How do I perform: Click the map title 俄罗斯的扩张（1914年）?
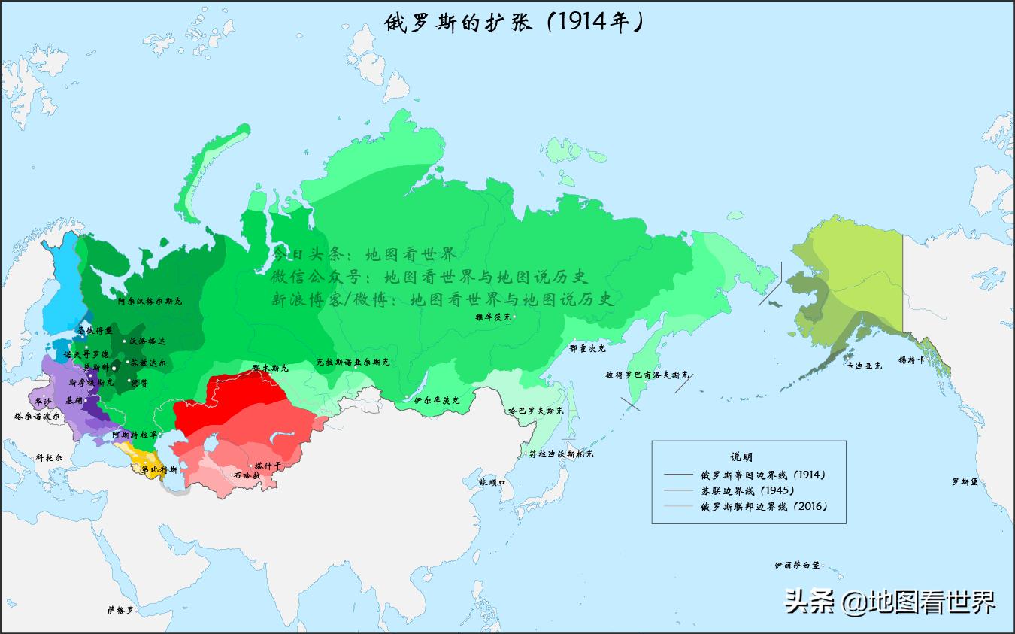click(x=514, y=23)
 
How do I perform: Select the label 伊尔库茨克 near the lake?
click(x=436, y=400)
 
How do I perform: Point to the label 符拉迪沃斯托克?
click(x=561, y=454)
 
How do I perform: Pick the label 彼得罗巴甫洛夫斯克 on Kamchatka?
click(x=647, y=374)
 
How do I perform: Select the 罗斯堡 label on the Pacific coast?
click(x=964, y=481)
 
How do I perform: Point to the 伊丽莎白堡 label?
click(x=797, y=564)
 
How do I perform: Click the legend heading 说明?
click(x=741, y=457)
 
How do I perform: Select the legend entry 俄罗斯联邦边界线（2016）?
click(x=763, y=506)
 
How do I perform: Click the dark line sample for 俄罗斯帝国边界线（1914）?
click(x=678, y=475)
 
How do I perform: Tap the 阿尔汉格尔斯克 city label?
click(x=150, y=301)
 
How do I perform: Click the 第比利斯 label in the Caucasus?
click(x=159, y=470)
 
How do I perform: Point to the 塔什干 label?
click(x=268, y=466)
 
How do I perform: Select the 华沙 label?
click(x=44, y=402)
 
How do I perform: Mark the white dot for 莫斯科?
click(x=114, y=367)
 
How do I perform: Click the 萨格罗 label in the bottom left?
click(x=120, y=610)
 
